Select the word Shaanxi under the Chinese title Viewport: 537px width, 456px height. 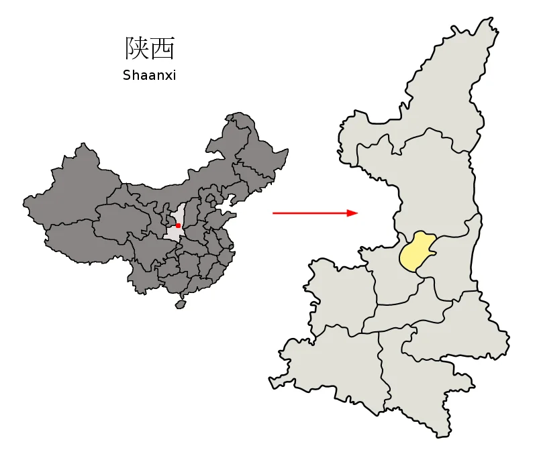(x=149, y=76)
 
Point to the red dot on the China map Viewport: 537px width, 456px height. (x=178, y=226)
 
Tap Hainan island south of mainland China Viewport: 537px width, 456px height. (x=180, y=304)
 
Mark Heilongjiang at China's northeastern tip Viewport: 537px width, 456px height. (x=262, y=148)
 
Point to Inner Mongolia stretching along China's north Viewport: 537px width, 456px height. (x=201, y=181)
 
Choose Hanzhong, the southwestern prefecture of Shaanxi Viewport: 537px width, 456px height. (x=329, y=362)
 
